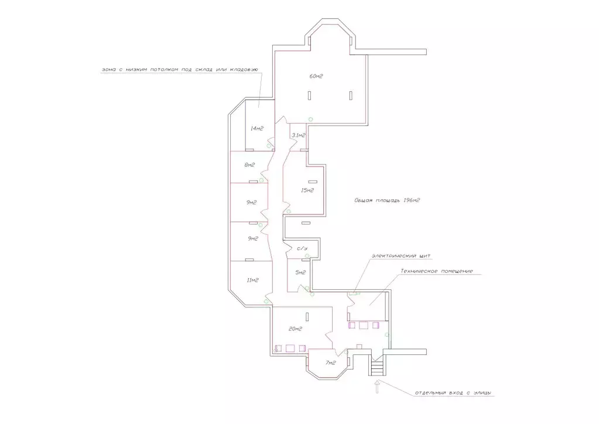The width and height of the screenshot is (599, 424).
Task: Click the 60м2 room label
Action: pyautogui.click(x=316, y=76)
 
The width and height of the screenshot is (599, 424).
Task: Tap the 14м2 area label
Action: pyautogui.click(x=256, y=129)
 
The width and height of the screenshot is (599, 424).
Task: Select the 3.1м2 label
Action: pyautogui.click(x=299, y=135)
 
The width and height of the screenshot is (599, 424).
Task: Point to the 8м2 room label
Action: pyautogui.click(x=249, y=165)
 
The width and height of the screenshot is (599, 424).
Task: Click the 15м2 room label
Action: pyautogui.click(x=307, y=190)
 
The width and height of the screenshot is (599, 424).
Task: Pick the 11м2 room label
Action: pyautogui.click(x=252, y=280)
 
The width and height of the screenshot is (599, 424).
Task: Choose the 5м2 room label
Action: pyautogui.click(x=300, y=272)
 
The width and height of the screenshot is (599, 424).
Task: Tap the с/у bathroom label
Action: pyautogui.click(x=302, y=249)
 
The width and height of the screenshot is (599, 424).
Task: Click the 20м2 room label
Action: pyautogui.click(x=295, y=329)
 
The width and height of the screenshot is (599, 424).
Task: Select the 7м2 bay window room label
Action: pyautogui.click(x=330, y=363)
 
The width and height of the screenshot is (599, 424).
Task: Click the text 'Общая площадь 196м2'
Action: pyautogui.click(x=387, y=200)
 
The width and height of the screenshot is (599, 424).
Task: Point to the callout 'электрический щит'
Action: pyautogui.click(x=401, y=255)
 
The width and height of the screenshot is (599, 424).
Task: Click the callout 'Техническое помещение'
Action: pyautogui.click(x=437, y=271)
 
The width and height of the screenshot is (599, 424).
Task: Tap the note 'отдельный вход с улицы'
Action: pyautogui.click(x=453, y=393)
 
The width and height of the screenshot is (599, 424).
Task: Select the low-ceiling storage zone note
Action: pyautogui.click(x=180, y=70)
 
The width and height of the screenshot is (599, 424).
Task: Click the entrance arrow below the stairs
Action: pyautogui.click(x=377, y=387)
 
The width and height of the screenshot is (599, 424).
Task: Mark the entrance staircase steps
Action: pyautogui.click(x=377, y=368)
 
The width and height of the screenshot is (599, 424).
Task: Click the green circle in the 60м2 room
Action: pyautogui.click(x=310, y=119)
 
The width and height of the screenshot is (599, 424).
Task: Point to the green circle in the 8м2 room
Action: pyautogui.click(x=261, y=180)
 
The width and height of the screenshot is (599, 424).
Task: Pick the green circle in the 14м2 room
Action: pyautogui.click(x=269, y=146)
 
